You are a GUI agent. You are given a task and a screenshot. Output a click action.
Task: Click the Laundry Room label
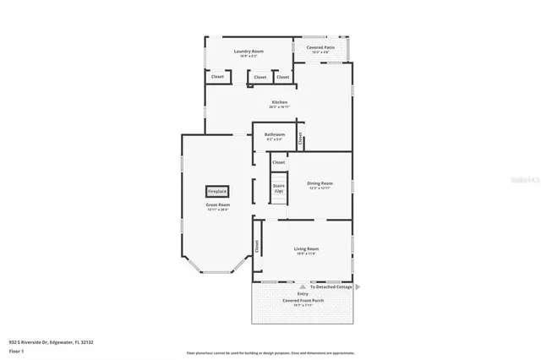click(x=249, y=52)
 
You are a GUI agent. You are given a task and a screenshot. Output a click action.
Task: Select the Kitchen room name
click(x=280, y=102)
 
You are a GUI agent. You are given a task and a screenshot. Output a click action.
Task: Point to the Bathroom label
click(x=274, y=134)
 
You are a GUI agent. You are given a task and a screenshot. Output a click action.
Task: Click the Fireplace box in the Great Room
click(x=217, y=192)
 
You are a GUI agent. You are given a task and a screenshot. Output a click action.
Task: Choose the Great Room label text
click(x=217, y=205)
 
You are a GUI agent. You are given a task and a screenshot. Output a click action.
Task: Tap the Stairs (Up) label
click(x=278, y=188)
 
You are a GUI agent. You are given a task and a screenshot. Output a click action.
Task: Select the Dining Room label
click(x=320, y=183)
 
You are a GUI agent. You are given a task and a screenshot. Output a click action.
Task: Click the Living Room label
click(x=305, y=248)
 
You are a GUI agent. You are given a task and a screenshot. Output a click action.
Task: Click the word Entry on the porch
click(x=303, y=293)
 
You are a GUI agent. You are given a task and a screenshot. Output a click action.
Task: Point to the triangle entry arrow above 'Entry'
click(x=303, y=286)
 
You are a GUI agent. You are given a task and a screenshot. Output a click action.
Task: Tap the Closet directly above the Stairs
click(x=278, y=162)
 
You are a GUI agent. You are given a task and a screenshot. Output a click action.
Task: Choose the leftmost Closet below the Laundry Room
click(x=217, y=77)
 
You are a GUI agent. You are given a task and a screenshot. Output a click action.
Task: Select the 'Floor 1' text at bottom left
click(x=16, y=350)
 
